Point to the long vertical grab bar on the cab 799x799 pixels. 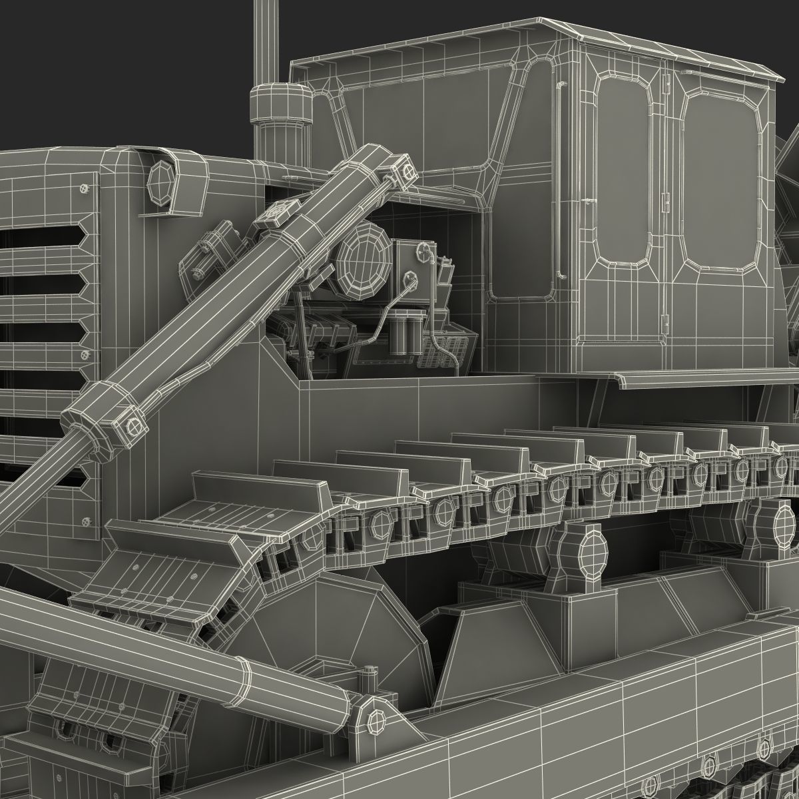click(559, 180)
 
